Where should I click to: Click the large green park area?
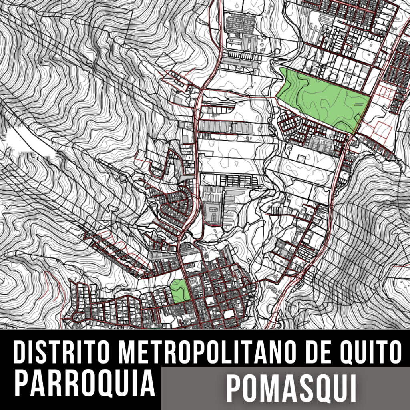point(320,96)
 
